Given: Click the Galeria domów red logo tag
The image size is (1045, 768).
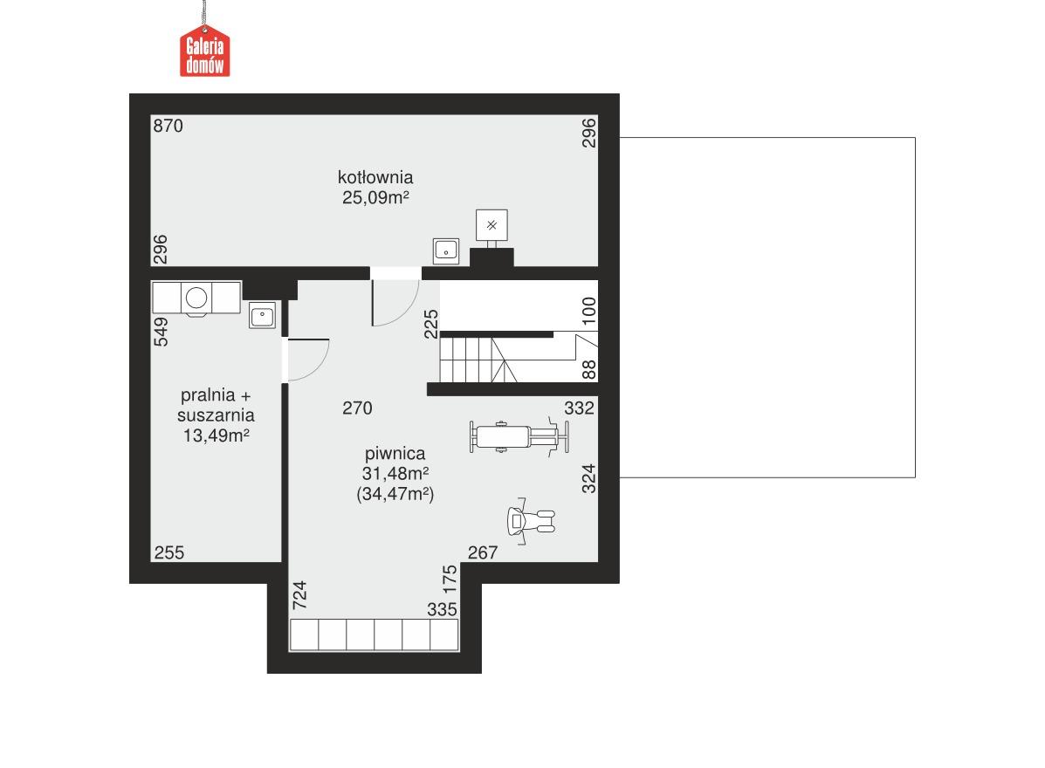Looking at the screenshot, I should coord(205,52).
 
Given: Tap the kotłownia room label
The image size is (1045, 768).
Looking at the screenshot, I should coord(376,177).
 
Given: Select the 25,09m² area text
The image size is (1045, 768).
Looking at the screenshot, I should coord(376,198).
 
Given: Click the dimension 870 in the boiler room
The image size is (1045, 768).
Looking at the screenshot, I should coord(168,126).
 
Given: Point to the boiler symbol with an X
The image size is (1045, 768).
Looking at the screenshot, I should coord(492,225).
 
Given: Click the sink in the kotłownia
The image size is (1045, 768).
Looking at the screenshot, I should coord(447,250).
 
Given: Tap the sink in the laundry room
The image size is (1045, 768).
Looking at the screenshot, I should coord(262,315).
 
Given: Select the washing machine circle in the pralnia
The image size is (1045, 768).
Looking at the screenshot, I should coord(196,298).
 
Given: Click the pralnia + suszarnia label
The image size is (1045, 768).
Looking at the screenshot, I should coord(216,405).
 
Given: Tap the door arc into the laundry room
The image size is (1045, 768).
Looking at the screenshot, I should coord(308,360).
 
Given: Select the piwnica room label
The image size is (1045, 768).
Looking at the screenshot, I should coord(395,454).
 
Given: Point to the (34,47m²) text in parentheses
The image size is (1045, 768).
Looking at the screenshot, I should coord(395,494).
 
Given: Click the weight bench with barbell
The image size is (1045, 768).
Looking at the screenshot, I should coord(519,435).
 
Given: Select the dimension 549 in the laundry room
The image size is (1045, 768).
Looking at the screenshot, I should coord(161,332).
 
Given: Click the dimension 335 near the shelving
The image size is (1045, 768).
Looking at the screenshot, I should coord(443,609).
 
